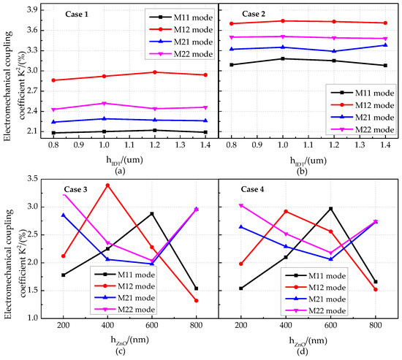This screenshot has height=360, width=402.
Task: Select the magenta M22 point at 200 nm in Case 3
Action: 64,194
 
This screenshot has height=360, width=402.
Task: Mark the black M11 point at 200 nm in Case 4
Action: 241,288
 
